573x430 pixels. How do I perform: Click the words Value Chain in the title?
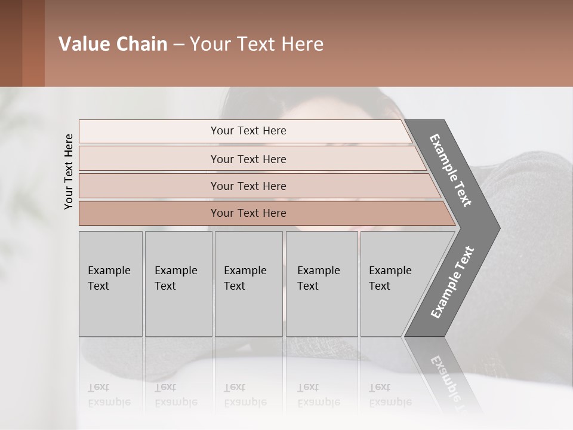113,44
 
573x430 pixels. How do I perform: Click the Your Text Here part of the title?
257,44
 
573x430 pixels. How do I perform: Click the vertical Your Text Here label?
69,171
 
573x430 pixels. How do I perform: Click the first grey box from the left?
110,284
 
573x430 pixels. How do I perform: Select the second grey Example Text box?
178,284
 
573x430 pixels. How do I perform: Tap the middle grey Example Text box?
248,284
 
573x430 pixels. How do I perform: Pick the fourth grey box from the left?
322,284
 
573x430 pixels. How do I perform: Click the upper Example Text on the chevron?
451,171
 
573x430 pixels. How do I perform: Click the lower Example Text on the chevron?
452,282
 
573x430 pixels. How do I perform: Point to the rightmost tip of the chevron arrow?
499,228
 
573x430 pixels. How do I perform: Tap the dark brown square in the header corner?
11,44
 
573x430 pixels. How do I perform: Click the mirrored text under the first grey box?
109,395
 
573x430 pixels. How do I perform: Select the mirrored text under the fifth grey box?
390,395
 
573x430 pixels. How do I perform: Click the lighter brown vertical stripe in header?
33,44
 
